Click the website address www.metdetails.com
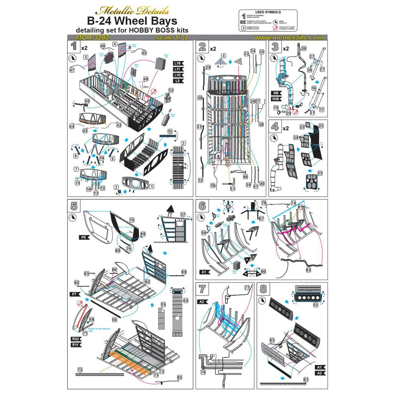point(289,37)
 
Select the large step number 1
point(73,47)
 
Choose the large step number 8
point(265,289)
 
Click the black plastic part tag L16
point(178,63)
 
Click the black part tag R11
point(75,344)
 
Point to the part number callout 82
point(308,270)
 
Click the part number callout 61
point(306,380)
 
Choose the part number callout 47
point(72,70)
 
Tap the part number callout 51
point(233,189)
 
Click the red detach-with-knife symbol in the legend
point(275,28)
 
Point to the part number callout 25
point(320,172)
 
